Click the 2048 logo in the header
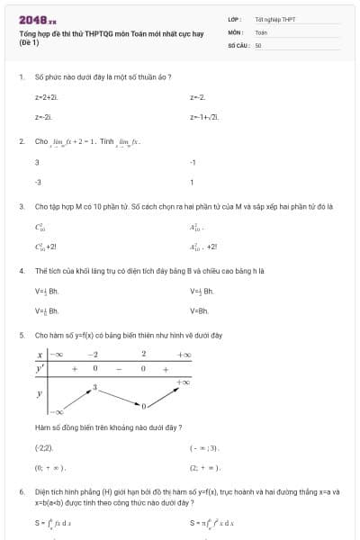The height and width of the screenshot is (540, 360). (x=37, y=19)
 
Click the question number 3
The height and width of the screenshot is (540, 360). (x=21, y=206)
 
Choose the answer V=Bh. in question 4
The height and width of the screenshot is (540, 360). (x=200, y=310)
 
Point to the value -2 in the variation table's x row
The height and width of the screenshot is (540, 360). (x=92, y=355)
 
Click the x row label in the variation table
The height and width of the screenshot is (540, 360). (x=40, y=355)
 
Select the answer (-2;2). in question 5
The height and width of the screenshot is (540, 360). (x=44, y=447)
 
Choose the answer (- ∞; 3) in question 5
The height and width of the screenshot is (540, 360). (x=204, y=447)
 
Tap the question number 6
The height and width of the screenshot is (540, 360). (x=21, y=492)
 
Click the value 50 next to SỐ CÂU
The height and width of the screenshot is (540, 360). (x=258, y=43)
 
